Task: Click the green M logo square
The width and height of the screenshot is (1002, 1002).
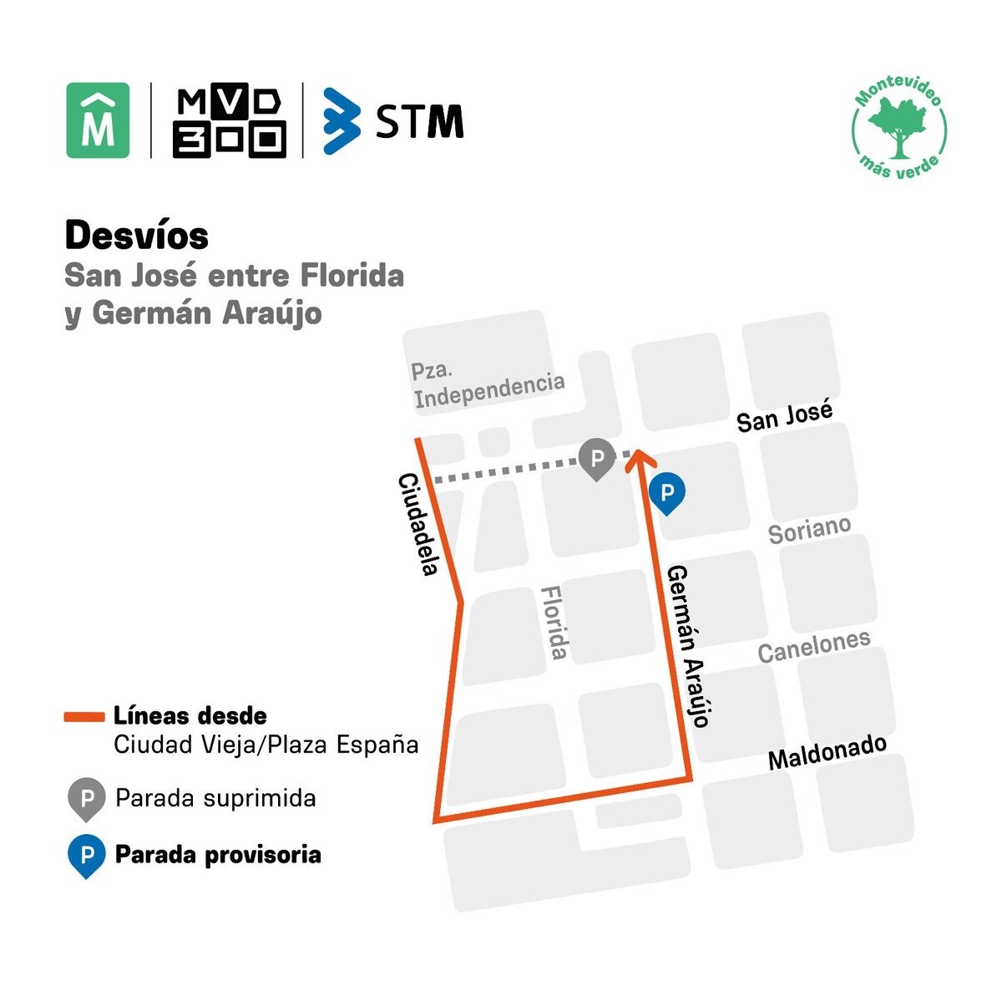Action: (x=98, y=120)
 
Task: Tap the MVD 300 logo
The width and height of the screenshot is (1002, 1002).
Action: (x=230, y=120)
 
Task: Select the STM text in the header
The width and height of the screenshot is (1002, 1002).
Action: (x=419, y=121)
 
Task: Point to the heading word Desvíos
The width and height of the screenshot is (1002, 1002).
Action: (x=137, y=236)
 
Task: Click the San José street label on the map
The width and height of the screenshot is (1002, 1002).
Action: (x=784, y=416)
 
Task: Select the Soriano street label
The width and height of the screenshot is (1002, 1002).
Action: (x=809, y=530)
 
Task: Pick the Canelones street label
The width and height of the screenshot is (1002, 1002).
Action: (x=813, y=645)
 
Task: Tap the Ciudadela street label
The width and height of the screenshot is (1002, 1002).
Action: (x=418, y=524)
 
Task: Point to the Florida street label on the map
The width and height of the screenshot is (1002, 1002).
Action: (x=555, y=622)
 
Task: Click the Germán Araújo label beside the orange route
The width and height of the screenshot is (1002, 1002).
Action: (x=689, y=645)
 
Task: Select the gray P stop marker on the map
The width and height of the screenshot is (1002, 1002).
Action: (x=596, y=458)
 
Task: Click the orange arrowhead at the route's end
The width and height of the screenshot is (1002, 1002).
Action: (x=639, y=455)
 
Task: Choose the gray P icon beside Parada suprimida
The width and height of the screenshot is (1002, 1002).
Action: (x=85, y=797)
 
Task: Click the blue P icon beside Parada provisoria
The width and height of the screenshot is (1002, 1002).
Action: (x=85, y=856)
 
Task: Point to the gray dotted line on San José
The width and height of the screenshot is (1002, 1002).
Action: (x=501, y=473)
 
